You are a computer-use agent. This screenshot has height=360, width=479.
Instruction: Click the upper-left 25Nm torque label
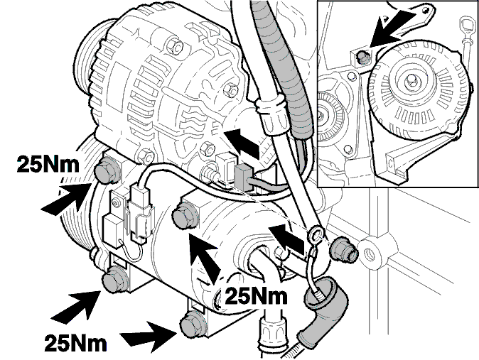[48, 164]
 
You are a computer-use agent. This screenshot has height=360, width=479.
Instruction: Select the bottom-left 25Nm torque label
[75, 342]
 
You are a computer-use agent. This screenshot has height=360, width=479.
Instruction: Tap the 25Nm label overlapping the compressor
[256, 295]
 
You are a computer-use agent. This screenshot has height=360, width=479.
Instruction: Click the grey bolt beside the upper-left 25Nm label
[107, 172]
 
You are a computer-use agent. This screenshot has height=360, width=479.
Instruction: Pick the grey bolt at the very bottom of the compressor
[193, 324]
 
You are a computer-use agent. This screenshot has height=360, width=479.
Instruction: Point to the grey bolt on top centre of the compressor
[184, 216]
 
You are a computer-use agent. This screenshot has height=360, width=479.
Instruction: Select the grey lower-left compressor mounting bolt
[114, 278]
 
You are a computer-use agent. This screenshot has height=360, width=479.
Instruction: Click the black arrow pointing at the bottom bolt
[150, 336]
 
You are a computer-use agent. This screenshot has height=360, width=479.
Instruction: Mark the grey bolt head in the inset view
[362, 57]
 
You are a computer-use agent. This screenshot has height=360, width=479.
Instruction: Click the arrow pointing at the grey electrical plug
[243, 143]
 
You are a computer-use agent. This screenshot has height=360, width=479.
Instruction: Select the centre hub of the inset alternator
[410, 81]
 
